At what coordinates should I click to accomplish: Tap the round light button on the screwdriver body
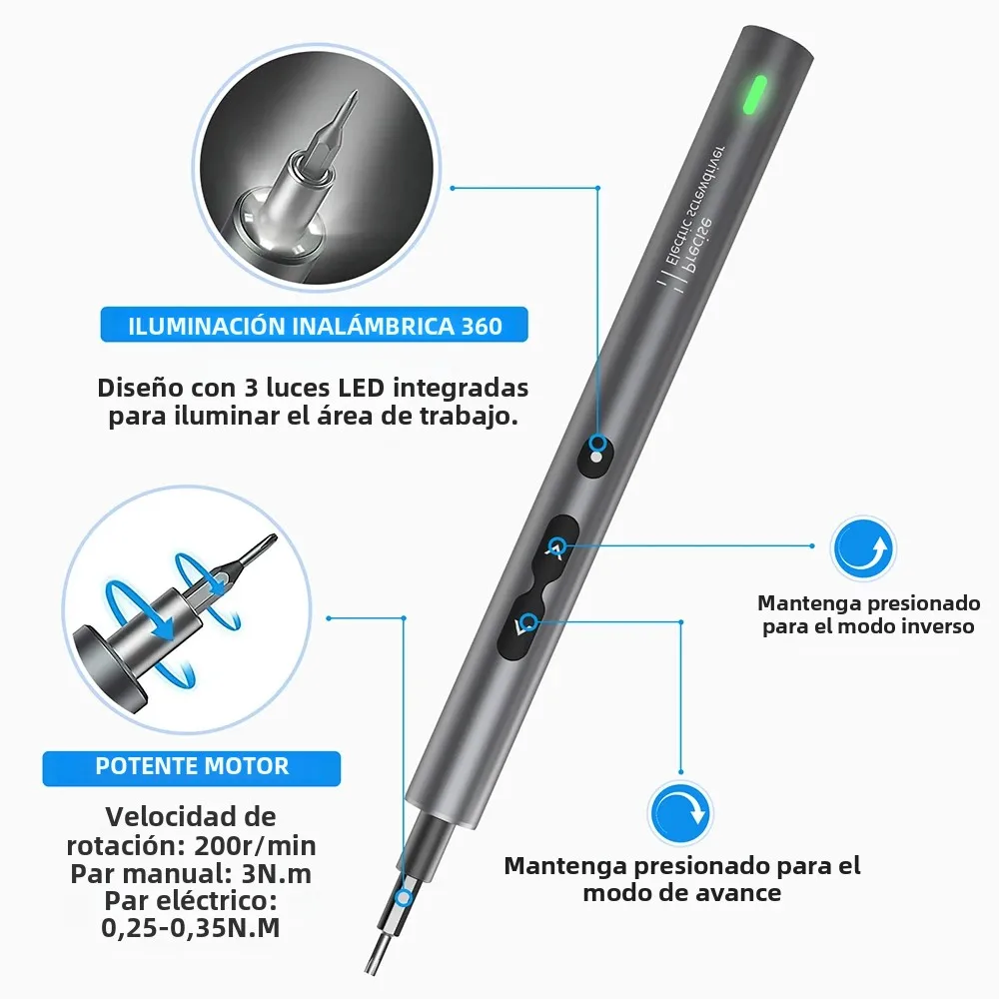tap(594, 456)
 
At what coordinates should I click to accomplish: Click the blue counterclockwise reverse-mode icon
tap(863, 548)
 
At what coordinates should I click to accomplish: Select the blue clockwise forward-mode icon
tap(680, 813)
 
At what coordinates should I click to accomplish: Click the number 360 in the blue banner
tap(482, 327)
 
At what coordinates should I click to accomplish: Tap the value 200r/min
tap(255, 845)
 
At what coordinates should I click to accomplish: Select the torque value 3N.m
tap(277, 873)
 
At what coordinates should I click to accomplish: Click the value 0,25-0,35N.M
tap(191, 928)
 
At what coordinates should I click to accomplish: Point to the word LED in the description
tap(361, 388)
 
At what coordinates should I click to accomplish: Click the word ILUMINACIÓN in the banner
tap(207, 326)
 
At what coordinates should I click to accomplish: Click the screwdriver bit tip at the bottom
tap(371, 966)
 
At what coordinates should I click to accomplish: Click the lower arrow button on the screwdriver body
tap(522, 625)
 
